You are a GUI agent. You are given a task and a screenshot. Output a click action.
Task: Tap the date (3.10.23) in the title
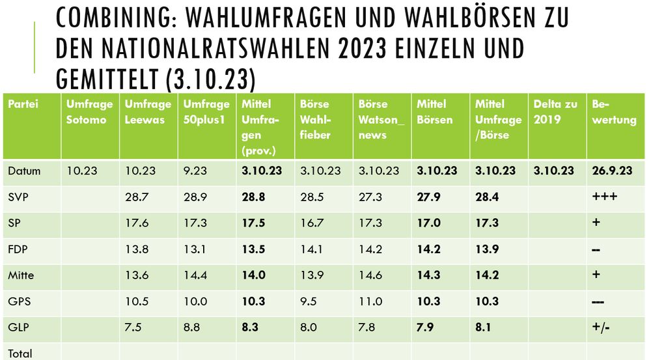(x=208, y=80)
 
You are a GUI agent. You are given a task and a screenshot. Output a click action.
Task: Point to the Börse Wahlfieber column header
(x=316, y=120)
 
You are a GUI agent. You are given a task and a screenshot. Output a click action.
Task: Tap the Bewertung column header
(x=614, y=112)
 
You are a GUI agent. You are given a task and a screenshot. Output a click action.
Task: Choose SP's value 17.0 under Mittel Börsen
(x=428, y=223)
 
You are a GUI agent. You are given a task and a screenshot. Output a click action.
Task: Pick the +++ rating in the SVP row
(x=605, y=197)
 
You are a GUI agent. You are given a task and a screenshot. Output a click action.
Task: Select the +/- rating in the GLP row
(x=602, y=327)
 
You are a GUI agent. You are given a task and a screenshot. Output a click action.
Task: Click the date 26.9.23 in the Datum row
(x=612, y=171)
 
